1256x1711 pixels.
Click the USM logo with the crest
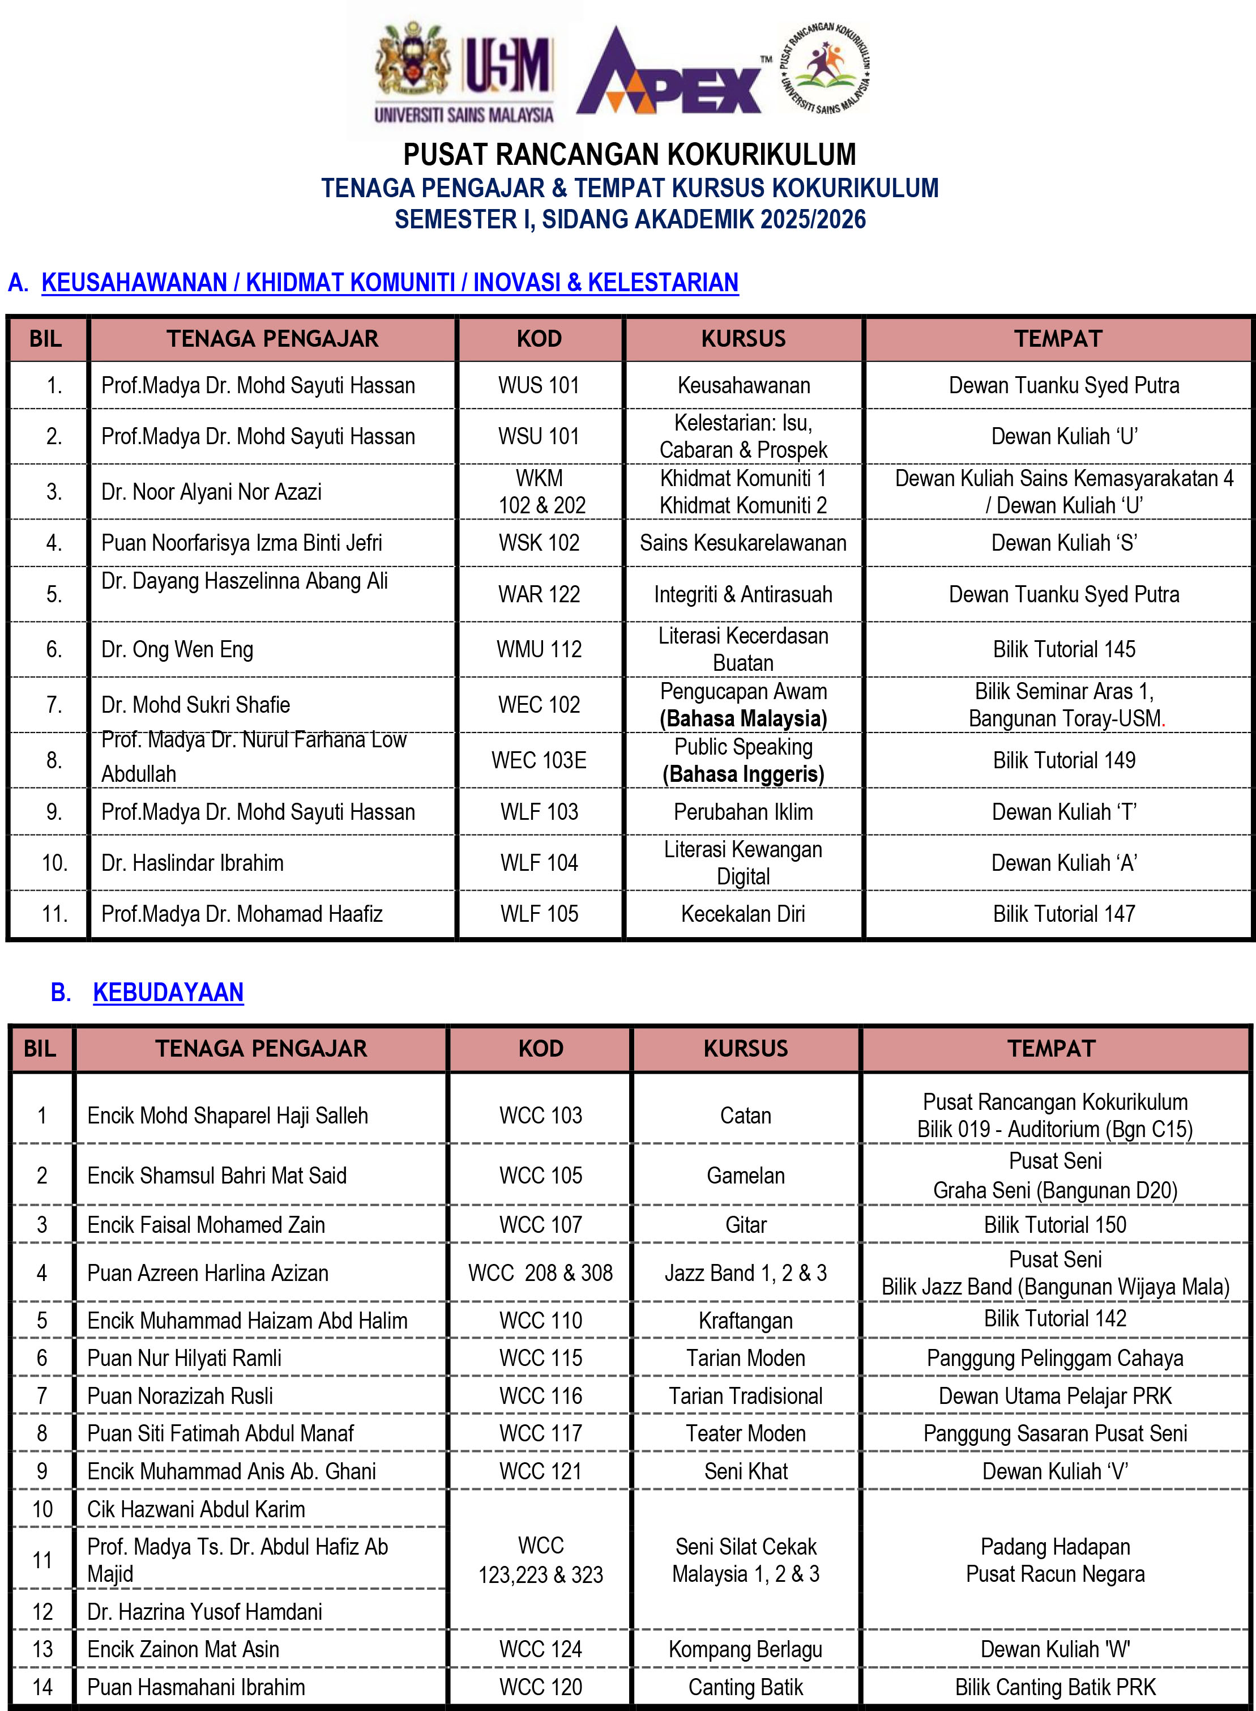pyautogui.click(x=464, y=73)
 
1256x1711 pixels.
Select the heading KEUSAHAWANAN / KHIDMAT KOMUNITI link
pyautogui.click(x=389, y=282)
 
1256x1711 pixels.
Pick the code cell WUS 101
pyautogui.click(x=539, y=386)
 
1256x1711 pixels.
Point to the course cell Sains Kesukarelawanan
pyautogui.click(x=743, y=543)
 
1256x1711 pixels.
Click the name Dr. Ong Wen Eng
pyautogui.click(x=177, y=649)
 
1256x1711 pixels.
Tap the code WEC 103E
pyautogui.click(x=539, y=760)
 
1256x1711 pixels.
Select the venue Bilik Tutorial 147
pyautogui.click(x=1063, y=914)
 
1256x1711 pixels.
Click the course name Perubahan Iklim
pyautogui.click(x=743, y=812)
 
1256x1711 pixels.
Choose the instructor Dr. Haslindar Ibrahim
pyautogui.click(x=193, y=863)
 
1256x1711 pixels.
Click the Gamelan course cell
pyautogui.click(x=745, y=1176)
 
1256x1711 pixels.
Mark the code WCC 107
pyautogui.click(x=541, y=1225)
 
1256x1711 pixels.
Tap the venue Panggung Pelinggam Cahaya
pyautogui.click(x=1054, y=1358)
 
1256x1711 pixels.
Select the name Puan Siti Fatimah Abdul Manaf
pyautogui.click(x=220, y=1433)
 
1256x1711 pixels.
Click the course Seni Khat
pyautogui.click(x=745, y=1471)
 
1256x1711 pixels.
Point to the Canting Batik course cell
pyautogui.click(x=745, y=1687)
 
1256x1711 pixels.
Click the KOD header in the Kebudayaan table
pyautogui.click(x=541, y=1049)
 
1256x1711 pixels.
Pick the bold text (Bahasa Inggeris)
pyautogui.click(x=743, y=774)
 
